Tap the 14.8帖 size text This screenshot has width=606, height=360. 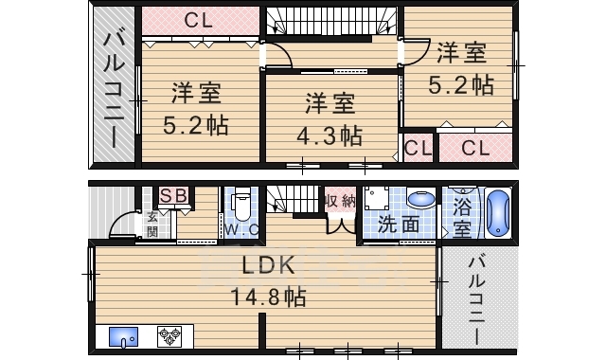click(x=268, y=297)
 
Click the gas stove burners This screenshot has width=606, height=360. click(x=169, y=335)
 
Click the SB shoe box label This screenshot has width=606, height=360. click(x=172, y=195)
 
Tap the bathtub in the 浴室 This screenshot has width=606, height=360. click(x=497, y=215)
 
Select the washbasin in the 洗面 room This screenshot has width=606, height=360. click(x=420, y=202)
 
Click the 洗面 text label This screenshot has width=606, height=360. click(x=398, y=225)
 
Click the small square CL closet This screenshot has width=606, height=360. click(x=418, y=148)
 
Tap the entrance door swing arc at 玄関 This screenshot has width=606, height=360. click(x=120, y=225)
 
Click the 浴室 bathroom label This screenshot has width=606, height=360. click(x=462, y=216)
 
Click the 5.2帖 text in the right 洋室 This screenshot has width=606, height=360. click(x=462, y=85)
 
